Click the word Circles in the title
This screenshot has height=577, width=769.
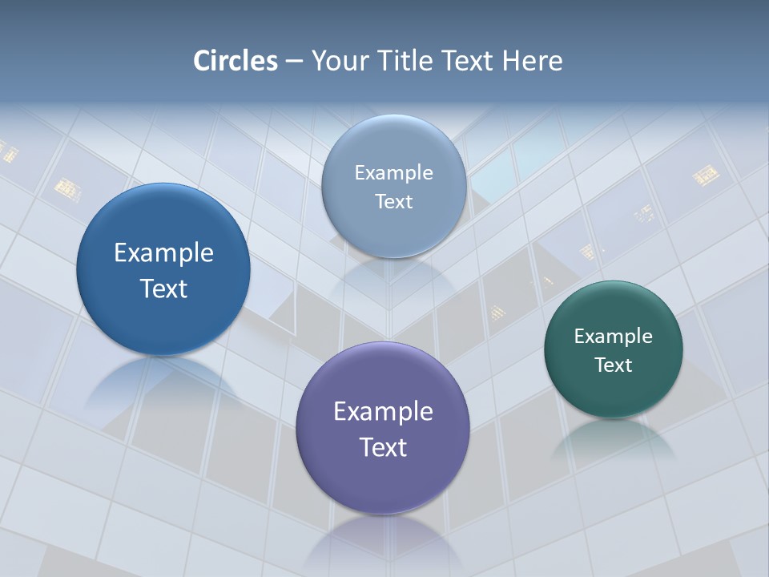236,61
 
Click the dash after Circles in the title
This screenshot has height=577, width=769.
294,62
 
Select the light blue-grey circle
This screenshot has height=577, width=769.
393,228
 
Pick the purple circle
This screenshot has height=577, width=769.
383,481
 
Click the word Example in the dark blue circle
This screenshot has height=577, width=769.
163,253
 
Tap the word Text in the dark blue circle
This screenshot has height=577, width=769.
163,288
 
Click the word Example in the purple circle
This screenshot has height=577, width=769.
383,412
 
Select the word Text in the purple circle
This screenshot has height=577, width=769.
383,447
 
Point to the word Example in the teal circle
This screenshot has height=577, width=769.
614,337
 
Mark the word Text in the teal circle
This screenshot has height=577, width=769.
614,365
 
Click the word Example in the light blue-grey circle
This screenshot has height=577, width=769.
393,173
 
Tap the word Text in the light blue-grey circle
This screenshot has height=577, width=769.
393,202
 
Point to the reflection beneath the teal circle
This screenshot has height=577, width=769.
614,437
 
